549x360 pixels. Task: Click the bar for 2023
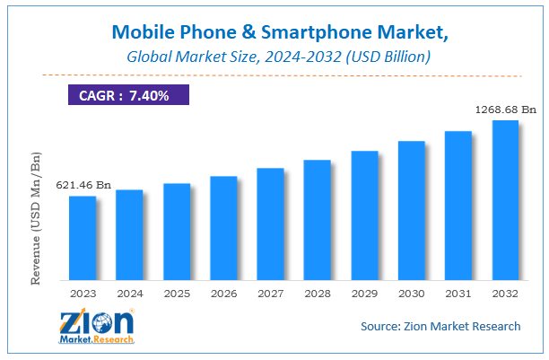point(83,237)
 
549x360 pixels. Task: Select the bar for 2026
point(223,227)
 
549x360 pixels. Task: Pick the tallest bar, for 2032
point(505,199)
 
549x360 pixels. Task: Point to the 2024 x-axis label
point(129,293)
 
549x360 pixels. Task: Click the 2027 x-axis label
point(271,293)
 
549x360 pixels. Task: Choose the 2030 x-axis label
point(412,293)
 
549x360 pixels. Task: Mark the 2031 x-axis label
point(458,293)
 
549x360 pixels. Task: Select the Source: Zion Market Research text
point(440,326)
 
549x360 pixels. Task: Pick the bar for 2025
point(177,231)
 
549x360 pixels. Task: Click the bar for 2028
point(318,219)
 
